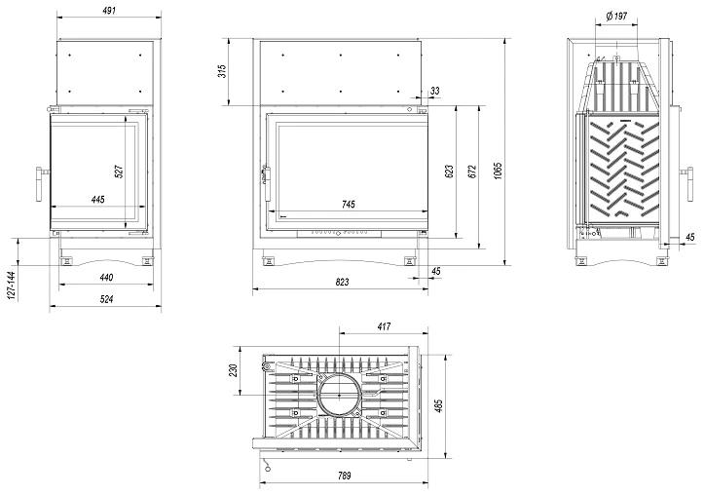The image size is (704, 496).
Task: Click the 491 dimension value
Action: coord(108,11)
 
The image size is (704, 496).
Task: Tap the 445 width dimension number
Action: coord(97,200)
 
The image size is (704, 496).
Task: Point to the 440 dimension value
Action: coord(106,278)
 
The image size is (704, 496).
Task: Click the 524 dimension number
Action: coord(106,299)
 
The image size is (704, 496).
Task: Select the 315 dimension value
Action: coord(222,70)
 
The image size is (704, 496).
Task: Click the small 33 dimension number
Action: coord(434,91)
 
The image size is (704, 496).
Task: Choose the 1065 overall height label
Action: coord(498,170)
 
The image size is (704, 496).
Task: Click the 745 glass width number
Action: coord(349,204)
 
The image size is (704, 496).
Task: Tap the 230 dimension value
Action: coord(234,371)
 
